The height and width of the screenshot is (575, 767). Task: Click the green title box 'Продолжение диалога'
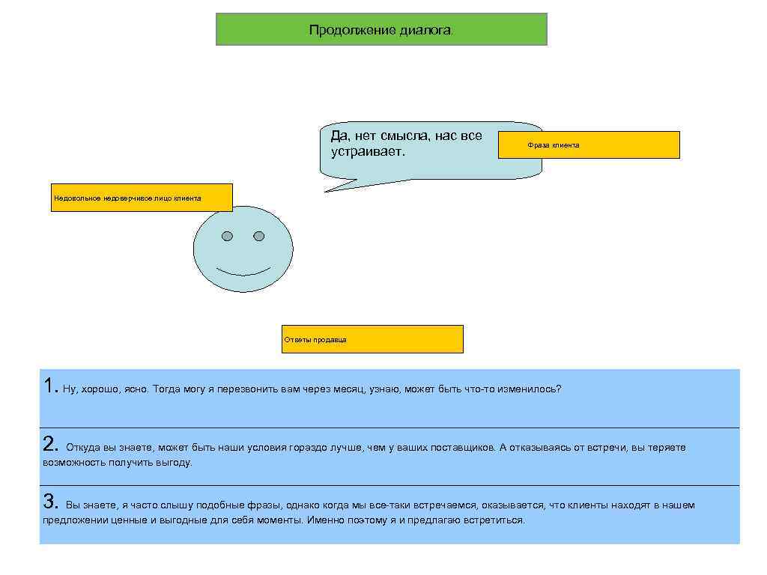tap(381, 29)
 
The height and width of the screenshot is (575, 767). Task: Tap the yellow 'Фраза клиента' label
tap(589, 144)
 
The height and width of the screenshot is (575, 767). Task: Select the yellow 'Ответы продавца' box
tap(372, 339)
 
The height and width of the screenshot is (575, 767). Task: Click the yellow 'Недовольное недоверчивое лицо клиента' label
tap(142, 198)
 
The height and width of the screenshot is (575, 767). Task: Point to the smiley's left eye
tap(227, 237)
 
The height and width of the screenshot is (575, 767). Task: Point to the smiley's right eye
tap(259, 237)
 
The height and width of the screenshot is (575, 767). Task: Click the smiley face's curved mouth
tap(243, 271)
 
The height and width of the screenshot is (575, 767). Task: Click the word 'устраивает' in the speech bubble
tap(366, 152)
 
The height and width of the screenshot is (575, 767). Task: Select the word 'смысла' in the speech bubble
tap(405, 136)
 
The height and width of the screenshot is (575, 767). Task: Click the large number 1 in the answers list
tap(49, 386)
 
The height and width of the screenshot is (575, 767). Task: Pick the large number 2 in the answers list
tap(50, 444)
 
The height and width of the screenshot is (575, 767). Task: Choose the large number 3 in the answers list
tap(50, 502)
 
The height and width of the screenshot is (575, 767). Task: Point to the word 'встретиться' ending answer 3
tap(497, 520)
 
